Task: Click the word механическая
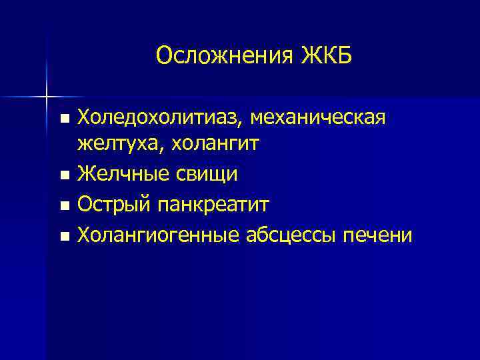point(321,119)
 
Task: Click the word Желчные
point(117,174)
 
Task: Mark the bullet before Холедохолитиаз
point(64,119)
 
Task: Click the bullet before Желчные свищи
point(64,176)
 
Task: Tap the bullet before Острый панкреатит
point(64,205)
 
